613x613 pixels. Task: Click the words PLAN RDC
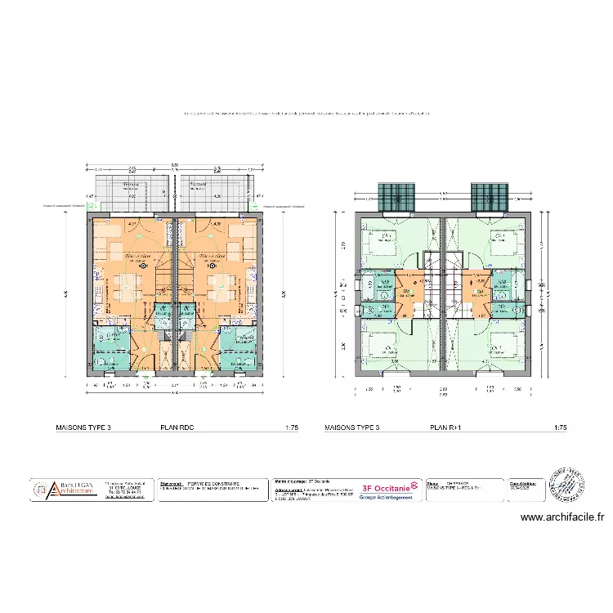click(177, 427)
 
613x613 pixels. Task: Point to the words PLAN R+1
click(447, 427)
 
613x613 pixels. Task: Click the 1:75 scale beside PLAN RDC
click(291, 427)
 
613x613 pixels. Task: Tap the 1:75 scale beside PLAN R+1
click(560, 427)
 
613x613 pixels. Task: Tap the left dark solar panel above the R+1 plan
click(396, 196)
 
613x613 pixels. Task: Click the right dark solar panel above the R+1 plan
click(490, 196)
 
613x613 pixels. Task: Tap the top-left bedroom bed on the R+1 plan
click(383, 244)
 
